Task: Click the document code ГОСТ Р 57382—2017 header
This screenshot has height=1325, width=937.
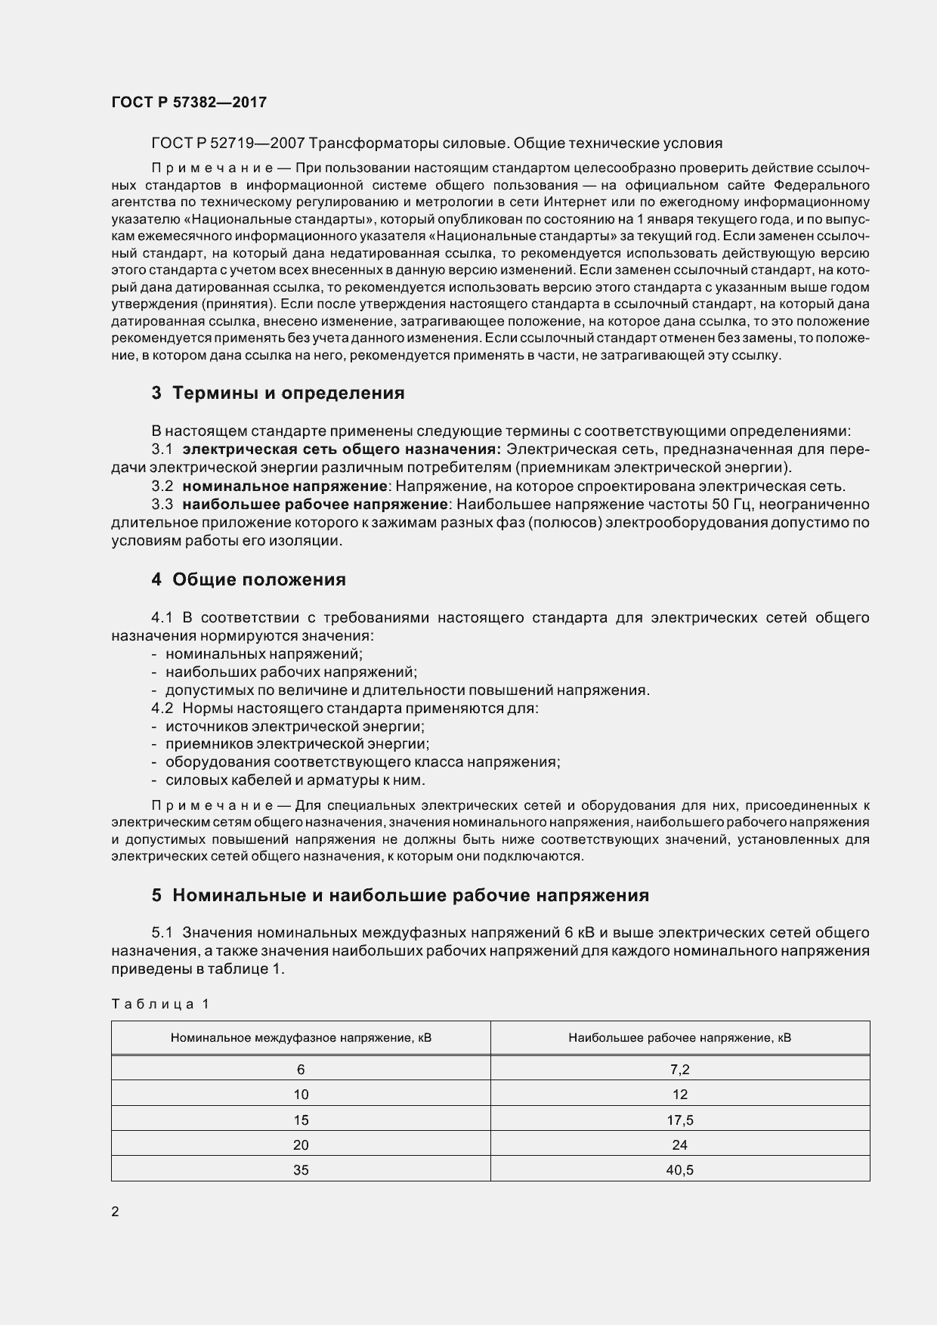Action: (x=189, y=103)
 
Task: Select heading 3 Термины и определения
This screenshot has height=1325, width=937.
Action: (x=278, y=393)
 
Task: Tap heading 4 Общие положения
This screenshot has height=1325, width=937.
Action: (x=249, y=579)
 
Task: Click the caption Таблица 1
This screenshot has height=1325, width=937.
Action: (x=159, y=1004)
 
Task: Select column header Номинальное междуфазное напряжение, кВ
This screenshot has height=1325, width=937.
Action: (x=301, y=1038)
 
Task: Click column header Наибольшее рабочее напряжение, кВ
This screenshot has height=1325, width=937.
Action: (x=679, y=1038)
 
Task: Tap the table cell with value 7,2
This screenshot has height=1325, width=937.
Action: (x=679, y=1069)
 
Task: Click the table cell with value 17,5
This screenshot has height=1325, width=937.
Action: (x=679, y=1120)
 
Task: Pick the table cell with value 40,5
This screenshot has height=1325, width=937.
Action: (x=679, y=1170)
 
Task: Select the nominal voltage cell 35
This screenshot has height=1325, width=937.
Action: (x=301, y=1170)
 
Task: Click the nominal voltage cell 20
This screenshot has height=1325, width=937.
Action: (x=301, y=1144)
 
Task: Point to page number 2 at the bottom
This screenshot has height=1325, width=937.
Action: (x=115, y=1212)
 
